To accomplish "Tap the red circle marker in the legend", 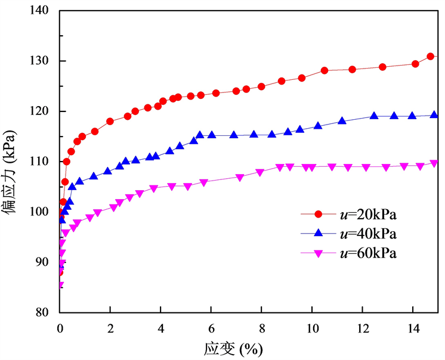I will [318, 214].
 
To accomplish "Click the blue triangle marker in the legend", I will [318, 233].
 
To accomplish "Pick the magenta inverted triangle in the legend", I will [318, 253].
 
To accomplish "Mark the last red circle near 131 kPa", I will [431, 57].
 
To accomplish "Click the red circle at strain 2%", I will [110, 122].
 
